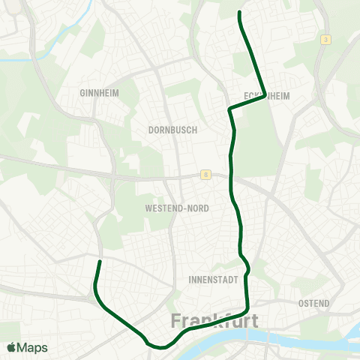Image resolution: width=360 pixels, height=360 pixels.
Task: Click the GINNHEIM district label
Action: pos(99,93)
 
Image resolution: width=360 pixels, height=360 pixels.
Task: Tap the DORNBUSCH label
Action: pos(172,129)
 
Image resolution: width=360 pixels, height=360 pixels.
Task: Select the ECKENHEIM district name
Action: pos(267,96)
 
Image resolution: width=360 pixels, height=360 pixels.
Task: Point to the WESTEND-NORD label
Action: pos(177,208)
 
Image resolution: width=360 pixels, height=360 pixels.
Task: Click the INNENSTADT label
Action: pos(215,280)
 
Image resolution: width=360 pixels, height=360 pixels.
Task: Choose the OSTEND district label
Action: pos(313,303)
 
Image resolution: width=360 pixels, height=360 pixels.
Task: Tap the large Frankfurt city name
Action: pos(215,321)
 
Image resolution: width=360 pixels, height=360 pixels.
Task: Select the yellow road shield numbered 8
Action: pos(205,175)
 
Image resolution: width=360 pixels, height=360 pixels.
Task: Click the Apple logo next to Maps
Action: pos(11,348)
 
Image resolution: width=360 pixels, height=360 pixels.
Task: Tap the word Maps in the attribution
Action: pos(33,348)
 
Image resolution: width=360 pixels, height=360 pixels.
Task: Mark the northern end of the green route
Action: pos(239,13)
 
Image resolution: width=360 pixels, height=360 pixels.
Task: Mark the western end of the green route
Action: pos(100,262)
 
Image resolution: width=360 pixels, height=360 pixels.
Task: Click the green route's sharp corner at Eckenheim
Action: pos(265,96)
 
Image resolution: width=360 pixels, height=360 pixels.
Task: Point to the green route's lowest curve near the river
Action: pos(160,347)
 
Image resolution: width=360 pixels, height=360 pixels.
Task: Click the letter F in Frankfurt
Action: pos(176,321)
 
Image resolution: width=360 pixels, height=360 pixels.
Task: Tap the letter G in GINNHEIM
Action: pos(82,93)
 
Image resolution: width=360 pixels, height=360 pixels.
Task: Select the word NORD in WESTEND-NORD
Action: pos(196,208)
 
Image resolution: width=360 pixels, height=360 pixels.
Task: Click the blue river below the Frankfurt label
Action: pos(225,343)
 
